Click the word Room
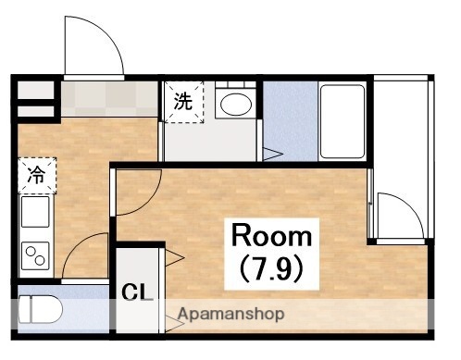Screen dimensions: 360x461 click(271, 234)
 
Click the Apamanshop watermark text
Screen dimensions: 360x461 click(230, 315)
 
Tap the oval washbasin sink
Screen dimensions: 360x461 click(236, 104)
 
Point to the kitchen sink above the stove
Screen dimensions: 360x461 click(35, 213)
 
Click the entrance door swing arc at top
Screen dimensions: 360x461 click(93, 46)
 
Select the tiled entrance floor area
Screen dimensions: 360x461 click(111, 98)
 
